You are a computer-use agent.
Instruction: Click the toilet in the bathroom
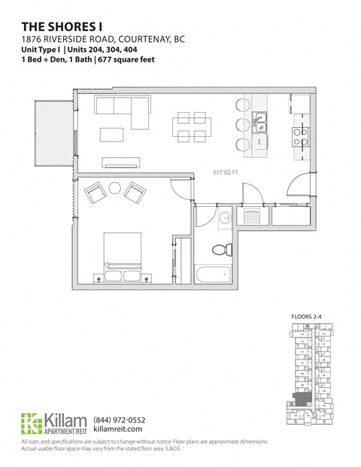click(220, 250)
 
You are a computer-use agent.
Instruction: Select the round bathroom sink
click(224, 218)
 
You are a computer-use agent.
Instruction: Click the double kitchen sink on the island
click(259, 119)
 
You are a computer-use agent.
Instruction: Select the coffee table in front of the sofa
click(112, 135)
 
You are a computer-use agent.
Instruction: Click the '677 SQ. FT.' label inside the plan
click(226, 173)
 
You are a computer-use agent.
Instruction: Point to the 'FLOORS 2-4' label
click(306, 317)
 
